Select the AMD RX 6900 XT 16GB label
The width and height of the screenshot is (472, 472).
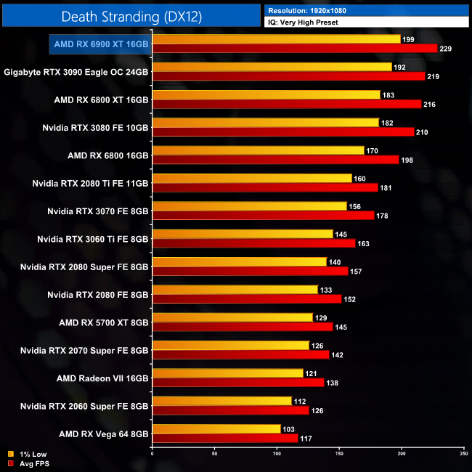pos(101,44)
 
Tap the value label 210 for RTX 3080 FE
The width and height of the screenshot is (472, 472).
pos(424,132)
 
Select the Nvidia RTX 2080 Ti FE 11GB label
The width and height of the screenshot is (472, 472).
pos(90,184)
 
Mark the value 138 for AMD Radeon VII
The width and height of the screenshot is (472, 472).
pos(334,382)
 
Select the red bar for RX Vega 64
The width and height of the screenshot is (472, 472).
pos(225,438)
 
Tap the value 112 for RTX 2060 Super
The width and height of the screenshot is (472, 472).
pos(302,401)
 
